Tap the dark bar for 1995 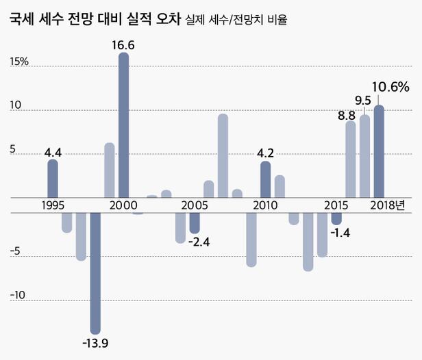click(52, 179)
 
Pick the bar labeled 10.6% click(379, 151)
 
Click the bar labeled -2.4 click(195, 222)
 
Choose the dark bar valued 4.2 click(265, 179)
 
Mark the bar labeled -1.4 click(336, 218)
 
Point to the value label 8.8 click(347, 115)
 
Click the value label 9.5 click(363, 101)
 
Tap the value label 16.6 click(123, 45)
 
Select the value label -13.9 click(95, 342)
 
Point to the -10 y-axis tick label click(18, 296)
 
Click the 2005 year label click(195, 205)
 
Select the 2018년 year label click(388, 205)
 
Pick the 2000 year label click(123, 205)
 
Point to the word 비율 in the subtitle click(276, 20)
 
